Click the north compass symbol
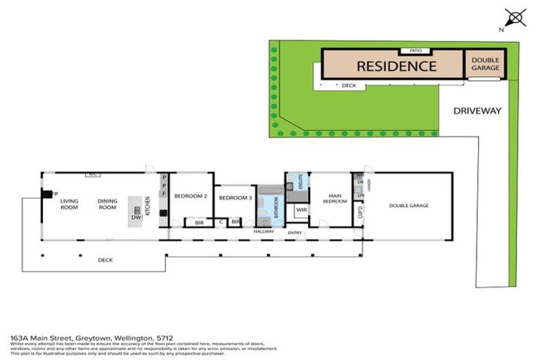(x=515, y=18)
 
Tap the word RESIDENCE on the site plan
(x=397, y=67)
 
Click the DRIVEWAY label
(x=477, y=110)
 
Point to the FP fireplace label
(x=54, y=193)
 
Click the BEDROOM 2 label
(x=190, y=195)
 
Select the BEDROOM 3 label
(x=235, y=198)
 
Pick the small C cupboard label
(x=221, y=222)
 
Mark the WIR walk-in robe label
(x=301, y=210)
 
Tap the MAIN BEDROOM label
(x=335, y=198)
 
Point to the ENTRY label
(x=295, y=232)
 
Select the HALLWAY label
(x=263, y=231)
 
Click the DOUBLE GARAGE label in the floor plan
(x=409, y=205)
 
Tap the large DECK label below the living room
(x=105, y=260)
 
